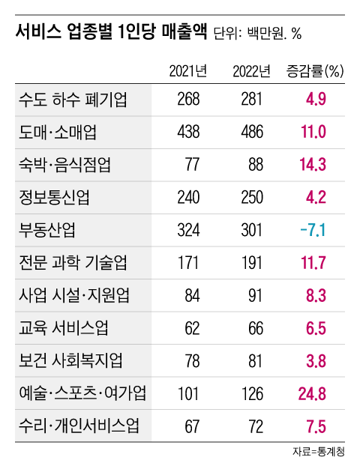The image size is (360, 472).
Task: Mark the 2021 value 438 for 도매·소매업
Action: [x=187, y=133]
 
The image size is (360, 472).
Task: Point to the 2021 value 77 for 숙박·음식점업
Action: [x=192, y=165]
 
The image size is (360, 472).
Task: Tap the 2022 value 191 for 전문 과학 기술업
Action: [x=251, y=262]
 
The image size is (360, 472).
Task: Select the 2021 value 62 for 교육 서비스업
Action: [x=192, y=327]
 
